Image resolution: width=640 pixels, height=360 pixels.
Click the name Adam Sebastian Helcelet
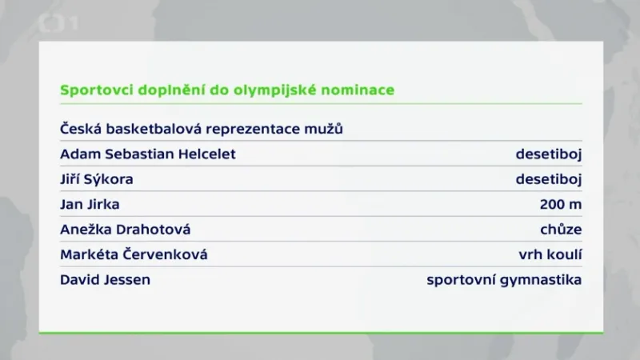[148, 154]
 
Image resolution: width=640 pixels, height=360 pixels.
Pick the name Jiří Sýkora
[97, 179]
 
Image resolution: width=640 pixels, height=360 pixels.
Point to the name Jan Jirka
[90, 204]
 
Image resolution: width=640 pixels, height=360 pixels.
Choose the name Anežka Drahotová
[126, 230]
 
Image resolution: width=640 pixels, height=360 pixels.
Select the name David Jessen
[105, 280]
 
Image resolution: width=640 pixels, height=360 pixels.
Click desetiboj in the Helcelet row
[548, 154]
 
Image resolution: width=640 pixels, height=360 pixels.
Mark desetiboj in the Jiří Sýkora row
[548, 179]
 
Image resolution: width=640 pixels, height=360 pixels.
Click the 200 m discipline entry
[561, 204]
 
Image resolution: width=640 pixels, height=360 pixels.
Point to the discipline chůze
[561, 230]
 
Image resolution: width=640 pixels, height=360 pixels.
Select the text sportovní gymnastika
[504, 280]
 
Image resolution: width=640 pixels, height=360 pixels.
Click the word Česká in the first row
[79, 128]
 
